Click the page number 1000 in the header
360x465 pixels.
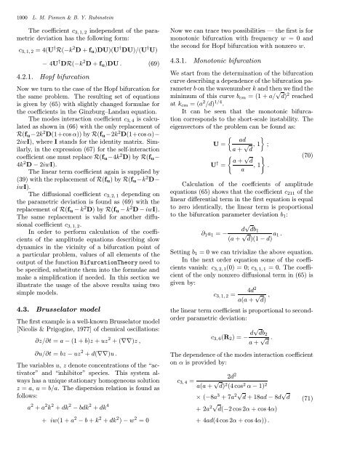13,7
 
